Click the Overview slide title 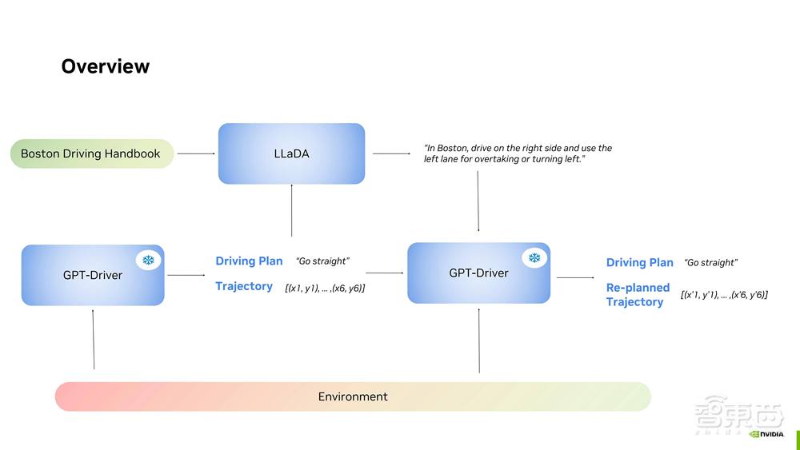pyautogui.click(x=105, y=66)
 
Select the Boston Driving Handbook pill pyautogui.click(x=91, y=153)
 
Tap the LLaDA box pyautogui.click(x=291, y=153)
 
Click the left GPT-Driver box pyautogui.click(x=92, y=275)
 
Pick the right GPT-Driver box pyautogui.click(x=478, y=273)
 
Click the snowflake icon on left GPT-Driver pyautogui.click(x=148, y=261)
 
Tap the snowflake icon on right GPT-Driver pyautogui.click(x=534, y=258)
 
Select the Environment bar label pyautogui.click(x=353, y=396)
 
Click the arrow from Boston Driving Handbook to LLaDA pyautogui.click(x=196, y=153)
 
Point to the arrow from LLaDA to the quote pyautogui.click(x=390, y=153)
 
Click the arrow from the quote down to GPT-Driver pyautogui.click(x=478, y=201)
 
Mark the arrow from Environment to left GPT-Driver pyautogui.click(x=94, y=339)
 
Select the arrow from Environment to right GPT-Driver pyautogui.click(x=478, y=340)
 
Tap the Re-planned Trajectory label pyautogui.click(x=638, y=294)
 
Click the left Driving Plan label pyautogui.click(x=249, y=261)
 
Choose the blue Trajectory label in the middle pyautogui.click(x=244, y=286)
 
